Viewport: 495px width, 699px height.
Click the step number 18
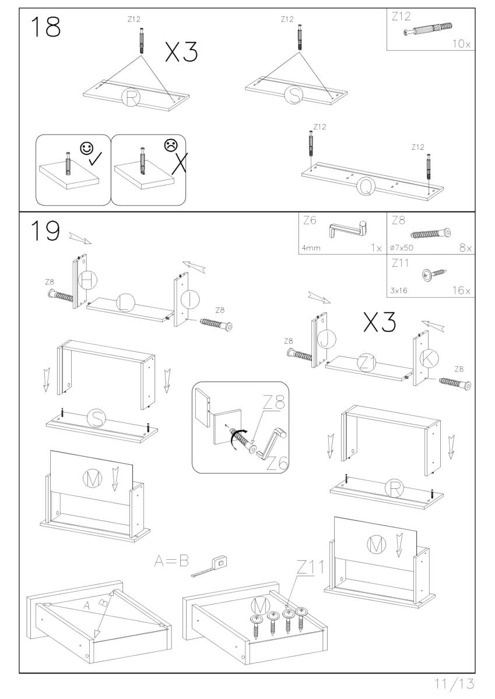point(45,27)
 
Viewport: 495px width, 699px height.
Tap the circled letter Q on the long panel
point(366,186)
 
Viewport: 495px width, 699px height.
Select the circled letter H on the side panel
point(87,281)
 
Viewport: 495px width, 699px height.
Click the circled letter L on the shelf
point(125,302)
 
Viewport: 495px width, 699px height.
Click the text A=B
point(172,562)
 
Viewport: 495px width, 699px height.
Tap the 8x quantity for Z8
point(465,248)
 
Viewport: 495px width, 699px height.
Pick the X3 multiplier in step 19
point(380,322)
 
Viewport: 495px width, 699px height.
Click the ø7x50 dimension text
point(402,248)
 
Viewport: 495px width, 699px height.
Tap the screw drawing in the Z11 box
point(432,273)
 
